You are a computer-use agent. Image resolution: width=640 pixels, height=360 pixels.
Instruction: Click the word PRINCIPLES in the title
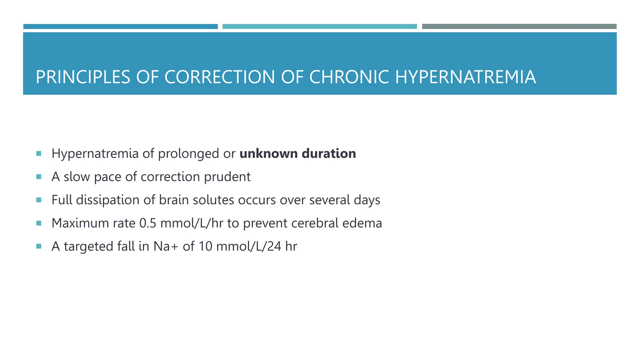tap(83, 77)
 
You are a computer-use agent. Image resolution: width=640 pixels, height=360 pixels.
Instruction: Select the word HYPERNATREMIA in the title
tap(466, 77)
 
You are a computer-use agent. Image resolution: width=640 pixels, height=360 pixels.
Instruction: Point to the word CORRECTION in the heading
tap(219, 77)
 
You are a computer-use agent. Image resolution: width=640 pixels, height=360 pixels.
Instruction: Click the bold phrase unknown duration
tap(297, 154)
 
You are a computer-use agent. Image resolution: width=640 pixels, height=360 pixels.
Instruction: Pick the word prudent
tap(227, 177)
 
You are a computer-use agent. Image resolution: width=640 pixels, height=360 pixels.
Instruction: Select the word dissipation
tap(108, 200)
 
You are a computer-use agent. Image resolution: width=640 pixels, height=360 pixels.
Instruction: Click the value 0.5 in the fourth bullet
tap(147, 223)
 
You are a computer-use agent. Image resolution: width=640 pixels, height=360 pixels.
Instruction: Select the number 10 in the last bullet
tap(205, 246)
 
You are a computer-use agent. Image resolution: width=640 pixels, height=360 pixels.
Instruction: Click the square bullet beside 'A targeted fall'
tap(39, 246)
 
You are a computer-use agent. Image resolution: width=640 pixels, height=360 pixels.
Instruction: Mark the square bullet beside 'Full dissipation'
tap(39, 200)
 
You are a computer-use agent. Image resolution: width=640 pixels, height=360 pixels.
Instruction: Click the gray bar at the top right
tap(519, 27)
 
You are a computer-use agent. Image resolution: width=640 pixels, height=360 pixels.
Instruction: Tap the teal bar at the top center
tap(319, 27)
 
